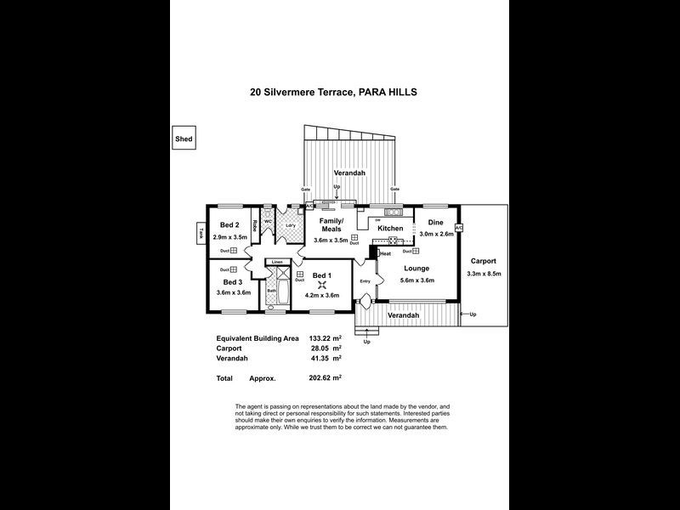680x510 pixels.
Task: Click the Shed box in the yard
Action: (x=184, y=139)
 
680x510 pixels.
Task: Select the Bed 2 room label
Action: (x=228, y=226)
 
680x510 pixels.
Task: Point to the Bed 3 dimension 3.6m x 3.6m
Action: (x=234, y=292)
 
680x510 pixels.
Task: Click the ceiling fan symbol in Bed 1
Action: (x=322, y=286)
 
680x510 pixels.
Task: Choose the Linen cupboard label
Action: (x=276, y=261)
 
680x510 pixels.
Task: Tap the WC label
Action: (x=267, y=222)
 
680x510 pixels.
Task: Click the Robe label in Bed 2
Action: (x=253, y=228)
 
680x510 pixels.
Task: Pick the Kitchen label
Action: (x=390, y=229)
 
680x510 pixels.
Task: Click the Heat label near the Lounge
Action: (x=385, y=253)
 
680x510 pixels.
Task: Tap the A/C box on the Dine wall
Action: (x=458, y=228)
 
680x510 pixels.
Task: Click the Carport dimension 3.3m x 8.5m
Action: (x=484, y=273)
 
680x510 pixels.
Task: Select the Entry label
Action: (x=365, y=280)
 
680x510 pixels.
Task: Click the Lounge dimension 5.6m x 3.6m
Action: (x=416, y=280)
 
